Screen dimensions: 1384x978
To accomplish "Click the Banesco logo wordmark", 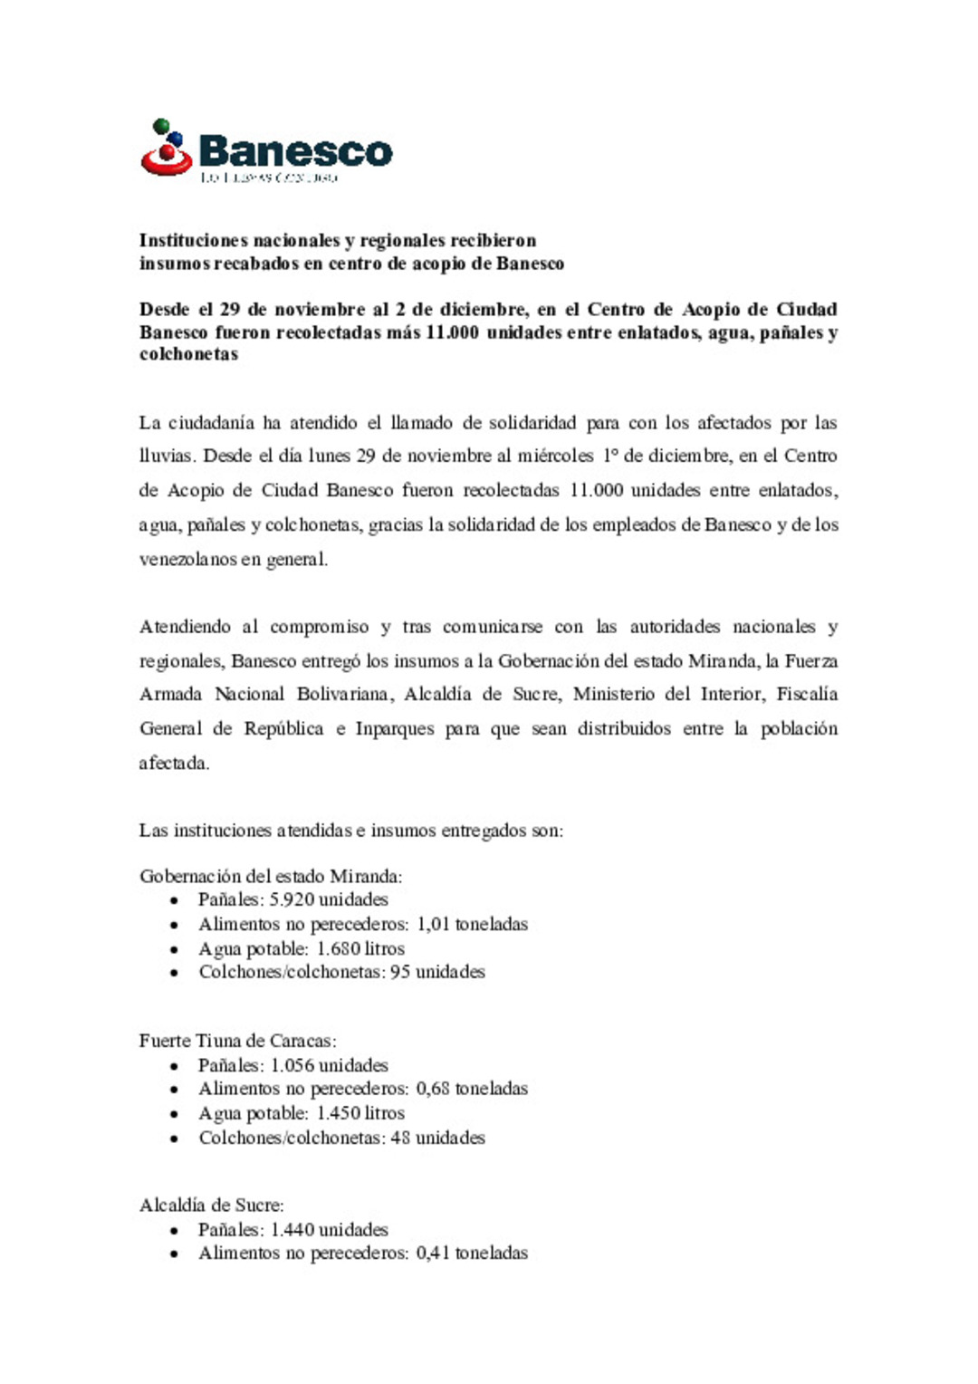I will pyautogui.click(x=294, y=151).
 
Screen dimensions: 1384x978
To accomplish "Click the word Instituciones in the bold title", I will pyautogui.click(x=193, y=241).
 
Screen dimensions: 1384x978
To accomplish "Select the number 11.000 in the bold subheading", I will pyautogui.click(x=452, y=332).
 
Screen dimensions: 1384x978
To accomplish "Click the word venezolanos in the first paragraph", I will pyautogui.click(x=187, y=560).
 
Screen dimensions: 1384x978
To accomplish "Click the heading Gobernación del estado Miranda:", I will pyautogui.click(x=271, y=877).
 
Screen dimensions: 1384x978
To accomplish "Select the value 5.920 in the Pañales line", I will pyautogui.click(x=292, y=900).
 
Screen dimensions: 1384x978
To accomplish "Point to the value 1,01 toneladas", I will pyautogui.click(x=472, y=925).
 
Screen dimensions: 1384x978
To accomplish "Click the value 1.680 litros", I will pyautogui.click(x=360, y=949).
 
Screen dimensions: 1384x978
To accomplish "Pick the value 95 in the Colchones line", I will pyautogui.click(x=399, y=972).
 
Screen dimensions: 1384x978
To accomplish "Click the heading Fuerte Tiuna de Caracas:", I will pyautogui.click(x=237, y=1041).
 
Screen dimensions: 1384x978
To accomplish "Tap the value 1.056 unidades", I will pyautogui.click(x=329, y=1066).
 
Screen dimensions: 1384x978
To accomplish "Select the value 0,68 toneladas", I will pyautogui.click(x=472, y=1089).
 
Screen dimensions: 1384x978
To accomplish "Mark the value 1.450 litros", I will pyautogui.click(x=360, y=1113).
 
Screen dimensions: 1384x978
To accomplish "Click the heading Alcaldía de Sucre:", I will pyautogui.click(x=211, y=1206).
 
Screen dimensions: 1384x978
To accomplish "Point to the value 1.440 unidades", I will pyautogui.click(x=329, y=1230).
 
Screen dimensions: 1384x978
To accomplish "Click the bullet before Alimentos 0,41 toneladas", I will pyautogui.click(x=174, y=1254).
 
